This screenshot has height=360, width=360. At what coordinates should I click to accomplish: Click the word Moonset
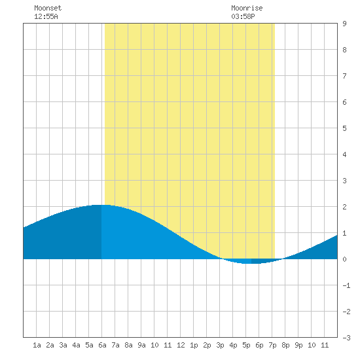[48, 8]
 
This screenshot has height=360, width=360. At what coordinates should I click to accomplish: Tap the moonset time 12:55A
[46, 16]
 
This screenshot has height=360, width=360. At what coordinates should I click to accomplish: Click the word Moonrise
[247, 8]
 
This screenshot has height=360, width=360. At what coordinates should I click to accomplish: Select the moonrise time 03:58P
[243, 16]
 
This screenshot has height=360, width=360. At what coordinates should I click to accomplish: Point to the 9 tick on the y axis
[344, 24]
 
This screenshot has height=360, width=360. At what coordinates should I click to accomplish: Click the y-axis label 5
[344, 128]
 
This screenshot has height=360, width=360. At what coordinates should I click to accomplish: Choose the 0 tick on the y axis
[344, 259]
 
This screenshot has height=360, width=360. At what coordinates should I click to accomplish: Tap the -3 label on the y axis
[346, 338]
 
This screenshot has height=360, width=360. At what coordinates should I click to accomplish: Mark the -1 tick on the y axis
[346, 285]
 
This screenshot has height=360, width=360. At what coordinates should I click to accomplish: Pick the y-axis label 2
[344, 207]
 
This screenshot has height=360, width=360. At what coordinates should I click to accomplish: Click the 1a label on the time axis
[37, 345]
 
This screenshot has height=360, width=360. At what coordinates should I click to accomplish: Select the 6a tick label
[102, 345]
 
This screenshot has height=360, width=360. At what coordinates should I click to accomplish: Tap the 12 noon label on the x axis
[181, 345]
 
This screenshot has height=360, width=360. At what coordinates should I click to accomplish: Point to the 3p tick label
[220, 345]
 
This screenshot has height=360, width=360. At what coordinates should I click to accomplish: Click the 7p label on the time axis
[272, 345]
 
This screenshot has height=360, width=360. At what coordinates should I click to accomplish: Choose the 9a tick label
[141, 345]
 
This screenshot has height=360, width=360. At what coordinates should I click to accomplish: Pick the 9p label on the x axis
[298, 345]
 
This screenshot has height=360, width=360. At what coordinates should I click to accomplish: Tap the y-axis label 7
[344, 76]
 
